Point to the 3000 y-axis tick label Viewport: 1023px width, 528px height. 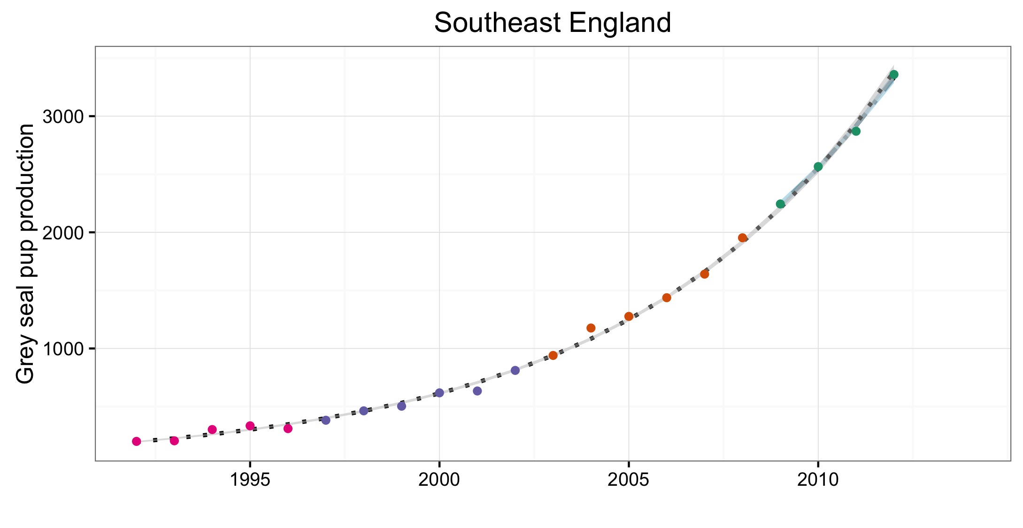(62, 116)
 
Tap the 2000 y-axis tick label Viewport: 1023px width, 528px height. (62, 232)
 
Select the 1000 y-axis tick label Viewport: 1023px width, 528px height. (62, 349)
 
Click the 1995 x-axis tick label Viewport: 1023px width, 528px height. (250, 480)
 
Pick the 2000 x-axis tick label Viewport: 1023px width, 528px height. (439, 480)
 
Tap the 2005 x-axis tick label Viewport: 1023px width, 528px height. (629, 480)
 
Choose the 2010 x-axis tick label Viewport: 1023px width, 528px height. (818, 480)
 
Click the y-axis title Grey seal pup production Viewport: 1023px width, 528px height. (25, 253)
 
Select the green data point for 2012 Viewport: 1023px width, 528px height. (894, 74)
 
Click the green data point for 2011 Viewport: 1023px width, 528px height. (856, 131)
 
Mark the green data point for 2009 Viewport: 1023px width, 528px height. (780, 204)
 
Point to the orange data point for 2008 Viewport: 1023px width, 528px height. (742, 237)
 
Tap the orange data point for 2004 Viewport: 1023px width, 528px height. (591, 328)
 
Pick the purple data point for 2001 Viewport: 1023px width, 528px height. (477, 391)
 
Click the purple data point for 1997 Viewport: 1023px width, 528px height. (326, 420)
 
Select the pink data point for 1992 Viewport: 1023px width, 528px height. (137, 441)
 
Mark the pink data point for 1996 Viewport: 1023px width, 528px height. (288, 429)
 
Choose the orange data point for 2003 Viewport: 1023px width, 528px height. (553, 355)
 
